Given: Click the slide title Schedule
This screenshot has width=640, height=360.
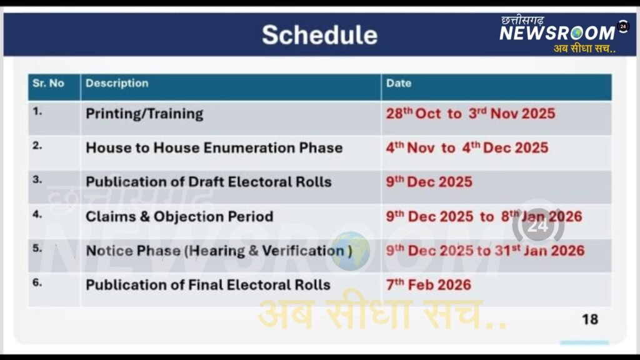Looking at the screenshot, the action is pos(319,35).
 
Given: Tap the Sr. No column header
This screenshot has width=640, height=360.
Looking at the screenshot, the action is pos(48,83).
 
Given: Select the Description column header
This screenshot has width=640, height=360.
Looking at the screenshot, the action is pos(117,83).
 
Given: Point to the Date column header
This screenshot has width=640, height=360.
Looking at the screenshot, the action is pos(399,83).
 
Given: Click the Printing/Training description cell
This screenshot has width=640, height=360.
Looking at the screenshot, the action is pos(144,114).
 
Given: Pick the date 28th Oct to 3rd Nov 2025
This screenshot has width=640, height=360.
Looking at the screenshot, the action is pos(471,114).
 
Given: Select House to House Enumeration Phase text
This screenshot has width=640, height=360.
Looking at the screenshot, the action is pos(214,147).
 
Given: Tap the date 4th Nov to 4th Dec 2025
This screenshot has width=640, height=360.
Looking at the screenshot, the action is pos(467,147).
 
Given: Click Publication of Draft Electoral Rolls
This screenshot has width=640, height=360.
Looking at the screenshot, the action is pos(209,182).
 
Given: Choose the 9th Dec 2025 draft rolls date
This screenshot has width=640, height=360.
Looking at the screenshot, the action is pos(429,182).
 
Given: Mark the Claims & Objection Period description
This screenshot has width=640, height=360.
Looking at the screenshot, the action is pos(179,216).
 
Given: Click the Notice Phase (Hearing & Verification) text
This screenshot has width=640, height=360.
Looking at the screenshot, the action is pos(219,251).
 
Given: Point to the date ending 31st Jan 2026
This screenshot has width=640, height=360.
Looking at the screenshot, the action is pos(485,251).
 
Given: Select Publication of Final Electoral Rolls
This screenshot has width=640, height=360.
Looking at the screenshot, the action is pos(208,285).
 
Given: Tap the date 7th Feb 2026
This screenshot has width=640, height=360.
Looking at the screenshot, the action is pos(429,285).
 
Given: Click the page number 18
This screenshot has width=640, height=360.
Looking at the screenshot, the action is pos(590,319).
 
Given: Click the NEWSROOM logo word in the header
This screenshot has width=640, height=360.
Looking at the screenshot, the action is pos(557,33).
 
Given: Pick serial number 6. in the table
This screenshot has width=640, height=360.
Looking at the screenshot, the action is pos(37,282).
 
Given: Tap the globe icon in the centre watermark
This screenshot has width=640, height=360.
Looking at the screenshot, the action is pos(350,251).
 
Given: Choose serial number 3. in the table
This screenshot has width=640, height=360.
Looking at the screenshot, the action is pos(37,179).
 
